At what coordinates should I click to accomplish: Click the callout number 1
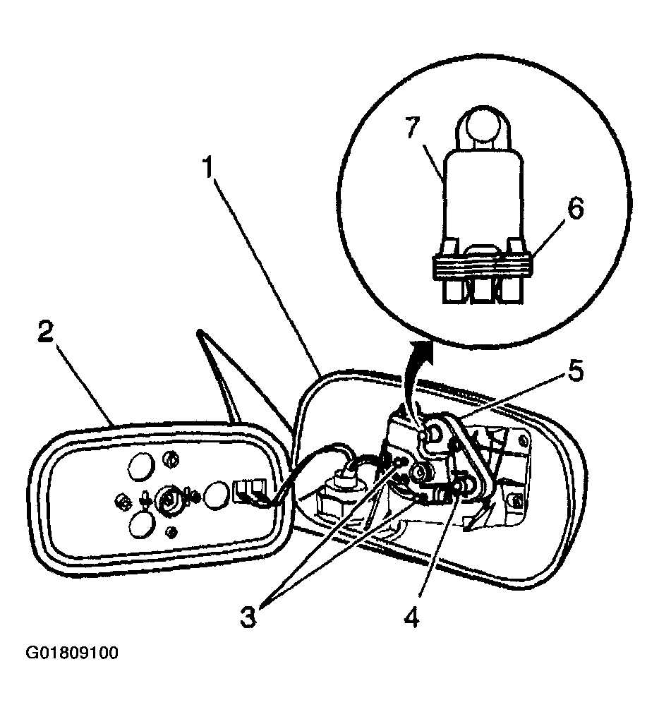[208, 167]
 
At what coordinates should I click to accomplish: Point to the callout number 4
[411, 617]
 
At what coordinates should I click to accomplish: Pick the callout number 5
[574, 371]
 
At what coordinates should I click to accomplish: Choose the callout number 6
[576, 210]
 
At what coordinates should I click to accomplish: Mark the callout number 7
[412, 127]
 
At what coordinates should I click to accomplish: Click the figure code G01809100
[72, 653]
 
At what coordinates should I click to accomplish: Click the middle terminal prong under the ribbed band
[484, 291]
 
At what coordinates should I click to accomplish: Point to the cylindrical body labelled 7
[483, 195]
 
